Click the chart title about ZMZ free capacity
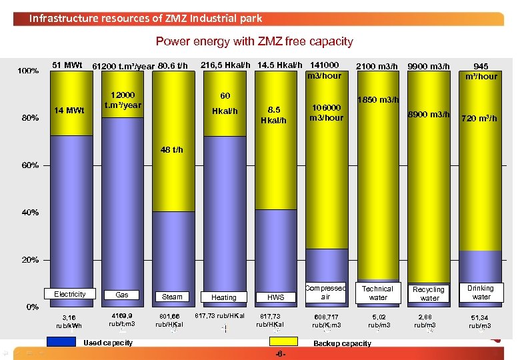click(254, 41)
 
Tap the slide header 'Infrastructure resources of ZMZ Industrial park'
click(145, 18)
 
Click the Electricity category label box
click(70, 294)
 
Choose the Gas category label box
click(122, 294)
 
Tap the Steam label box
click(172, 297)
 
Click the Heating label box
click(223, 297)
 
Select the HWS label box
click(275, 297)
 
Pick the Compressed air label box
click(325, 292)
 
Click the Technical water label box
click(377, 293)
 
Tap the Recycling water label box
click(429, 293)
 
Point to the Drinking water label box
click(481, 293)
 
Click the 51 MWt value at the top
click(67, 65)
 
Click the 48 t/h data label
click(173, 149)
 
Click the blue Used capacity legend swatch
click(61, 342)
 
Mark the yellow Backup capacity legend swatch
click(283, 342)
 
